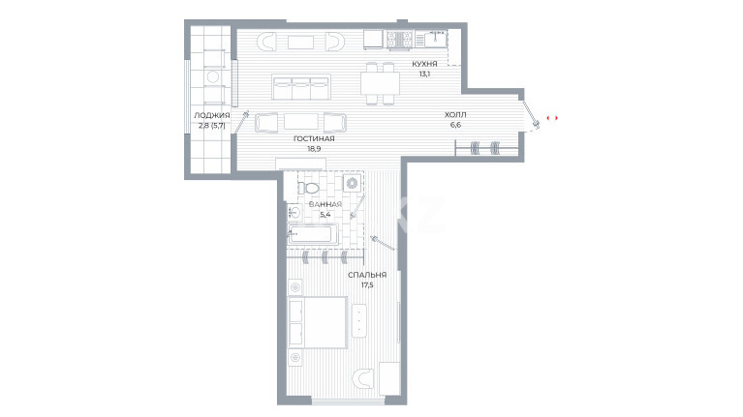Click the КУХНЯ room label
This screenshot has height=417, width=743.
[x=424, y=64]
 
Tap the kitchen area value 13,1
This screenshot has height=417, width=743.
[x=424, y=74]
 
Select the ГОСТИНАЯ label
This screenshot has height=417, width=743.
[x=314, y=138]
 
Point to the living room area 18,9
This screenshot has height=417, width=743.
[x=314, y=149]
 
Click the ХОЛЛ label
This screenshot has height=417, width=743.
[x=455, y=114]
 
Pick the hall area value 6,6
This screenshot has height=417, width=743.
[x=455, y=125]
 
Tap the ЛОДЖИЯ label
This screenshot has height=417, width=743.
[x=212, y=115]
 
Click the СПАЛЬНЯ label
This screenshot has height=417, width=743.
[x=367, y=275]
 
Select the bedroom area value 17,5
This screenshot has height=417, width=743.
[x=367, y=285]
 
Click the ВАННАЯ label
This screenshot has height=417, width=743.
[x=325, y=204]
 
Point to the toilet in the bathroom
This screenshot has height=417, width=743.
[x=308, y=188]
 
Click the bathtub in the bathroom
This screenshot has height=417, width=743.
[x=312, y=235]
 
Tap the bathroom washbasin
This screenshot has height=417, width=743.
[x=294, y=211]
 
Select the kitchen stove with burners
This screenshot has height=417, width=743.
[x=400, y=40]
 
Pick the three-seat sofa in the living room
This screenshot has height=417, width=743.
[x=301, y=87]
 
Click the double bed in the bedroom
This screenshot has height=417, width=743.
[x=318, y=322]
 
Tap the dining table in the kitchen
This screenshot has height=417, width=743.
[x=380, y=83]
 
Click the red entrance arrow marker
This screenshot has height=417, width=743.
[x=552, y=118]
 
